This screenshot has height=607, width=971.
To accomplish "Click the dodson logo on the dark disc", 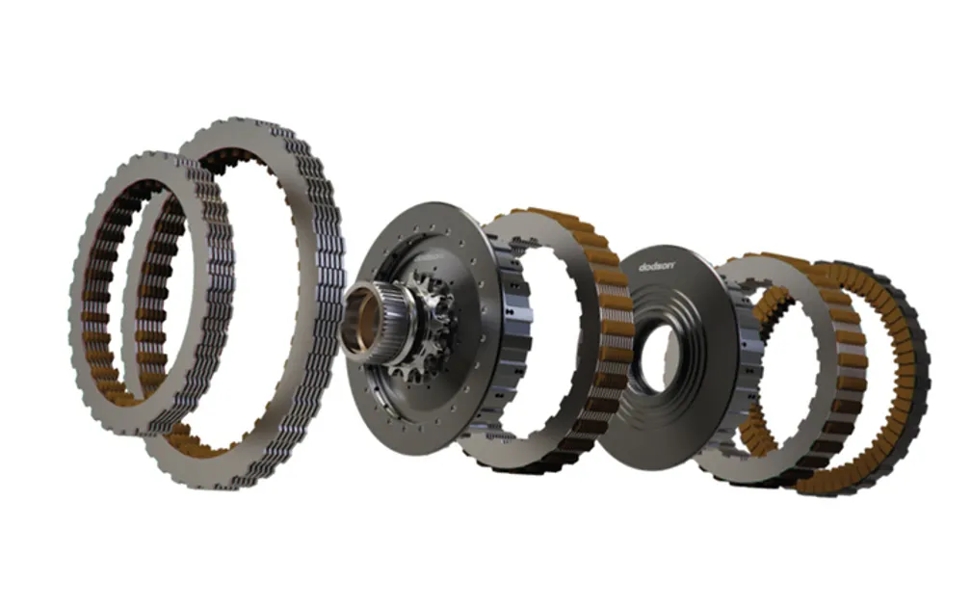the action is pos(657,266).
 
